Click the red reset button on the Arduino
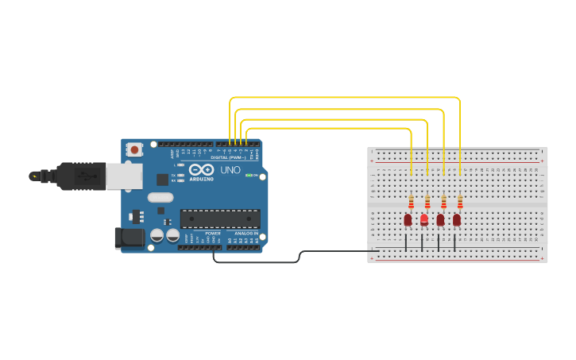135,149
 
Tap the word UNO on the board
230,170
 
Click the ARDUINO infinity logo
202,170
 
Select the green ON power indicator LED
249,175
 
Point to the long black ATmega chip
220,219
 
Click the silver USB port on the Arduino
124,176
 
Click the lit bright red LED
424,219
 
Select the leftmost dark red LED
408,219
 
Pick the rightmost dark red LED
457,219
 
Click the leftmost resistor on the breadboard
411,202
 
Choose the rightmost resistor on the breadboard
460,202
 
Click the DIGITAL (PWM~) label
229,157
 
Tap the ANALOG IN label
245,233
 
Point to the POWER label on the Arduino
212,233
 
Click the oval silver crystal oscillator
160,198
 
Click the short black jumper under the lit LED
422,242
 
